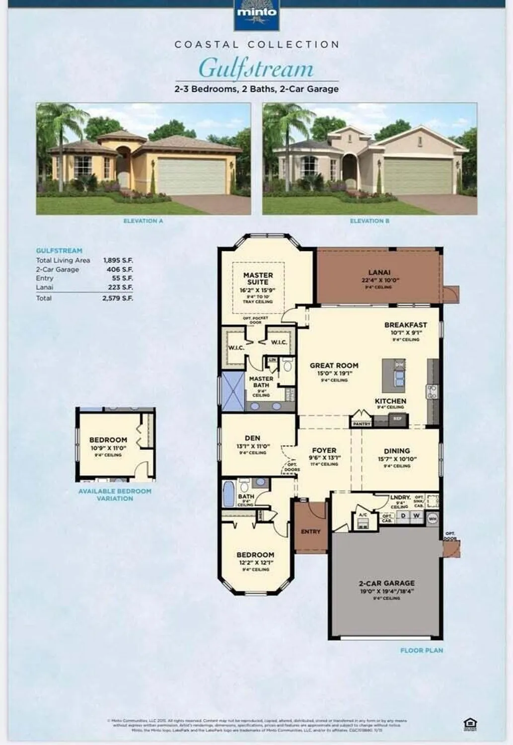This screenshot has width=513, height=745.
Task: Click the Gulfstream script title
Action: pyautogui.click(x=256, y=69)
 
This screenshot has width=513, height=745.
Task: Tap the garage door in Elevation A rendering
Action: pyautogui.click(x=191, y=176)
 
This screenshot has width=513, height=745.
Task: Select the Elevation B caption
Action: pyautogui.click(x=369, y=221)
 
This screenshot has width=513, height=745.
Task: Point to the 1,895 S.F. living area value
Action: pyautogui.click(x=118, y=260)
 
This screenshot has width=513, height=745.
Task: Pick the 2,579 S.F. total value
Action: pyautogui.click(x=118, y=298)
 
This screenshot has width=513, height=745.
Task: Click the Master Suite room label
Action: pyautogui.click(x=258, y=279)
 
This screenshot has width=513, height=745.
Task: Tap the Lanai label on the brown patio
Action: pyautogui.click(x=379, y=272)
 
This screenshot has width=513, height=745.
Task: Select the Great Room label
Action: pyautogui.click(x=334, y=366)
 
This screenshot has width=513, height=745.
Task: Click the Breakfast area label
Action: pyautogui.click(x=405, y=325)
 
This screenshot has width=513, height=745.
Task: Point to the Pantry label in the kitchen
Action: pyautogui.click(x=361, y=424)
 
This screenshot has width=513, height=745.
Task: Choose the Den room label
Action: pyautogui.click(x=252, y=438)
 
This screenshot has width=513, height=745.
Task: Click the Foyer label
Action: pyautogui.click(x=324, y=450)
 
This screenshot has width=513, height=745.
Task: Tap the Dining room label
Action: pyautogui.click(x=397, y=451)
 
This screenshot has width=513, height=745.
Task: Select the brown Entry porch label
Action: pyautogui.click(x=310, y=531)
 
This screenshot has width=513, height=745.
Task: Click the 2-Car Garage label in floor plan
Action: pyautogui.click(x=386, y=583)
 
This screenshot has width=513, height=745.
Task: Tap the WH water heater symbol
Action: pyautogui.click(x=433, y=518)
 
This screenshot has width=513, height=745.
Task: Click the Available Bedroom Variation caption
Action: pyautogui.click(x=115, y=495)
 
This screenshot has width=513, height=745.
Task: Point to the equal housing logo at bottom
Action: pyautogui.click(x=469, y=724)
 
